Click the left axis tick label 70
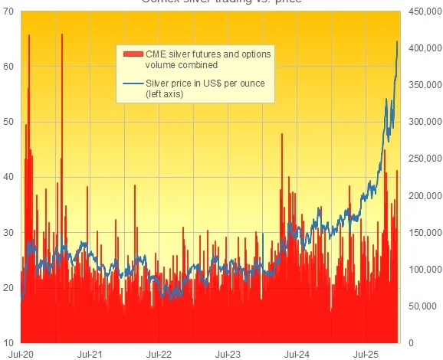pyautogui.click(x=8, y=11)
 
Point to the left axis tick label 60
pyautogui.click(x=8, y=67)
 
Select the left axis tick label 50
pyautogui.click(x=8, y=122)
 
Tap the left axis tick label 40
pyautogui.click(x=8, y=177)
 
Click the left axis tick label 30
pyautogui.click(x=8, y=232)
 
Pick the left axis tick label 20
pyautogui.click(x=8, y=287)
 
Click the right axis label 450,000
pyautogui.click(x=422, y=11)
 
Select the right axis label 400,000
pyautogui.click(x=422, y=48)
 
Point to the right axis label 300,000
pyautogui.click(x=422, y=122)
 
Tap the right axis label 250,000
pyautogui.click(x=422, y=159)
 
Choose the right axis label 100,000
pyautogui.click(x=422, y=269)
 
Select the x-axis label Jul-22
pyautogui.click(x=159, y=354)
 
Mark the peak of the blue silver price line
pyautogui.click(x=397, y=41)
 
